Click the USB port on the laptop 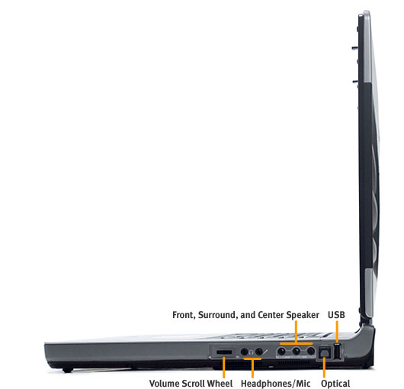(x=338, y=352)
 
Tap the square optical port (x=325, y=352)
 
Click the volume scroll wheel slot (x=223, y=352)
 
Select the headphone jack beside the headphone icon (x=244, y=352)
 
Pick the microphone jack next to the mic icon (x=258, y=352)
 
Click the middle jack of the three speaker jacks (x=297, y=351)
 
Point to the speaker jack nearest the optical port (x=311, y=351)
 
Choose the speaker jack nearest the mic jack (x=282, y=351)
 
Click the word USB (x=336, y=315)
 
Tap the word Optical (x=335, y=383)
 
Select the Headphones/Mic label (x=275, y=383)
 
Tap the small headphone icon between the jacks (x=252, y=352)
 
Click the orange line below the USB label (x=336, y=332)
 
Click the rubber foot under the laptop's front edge (x=68, y=370)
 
